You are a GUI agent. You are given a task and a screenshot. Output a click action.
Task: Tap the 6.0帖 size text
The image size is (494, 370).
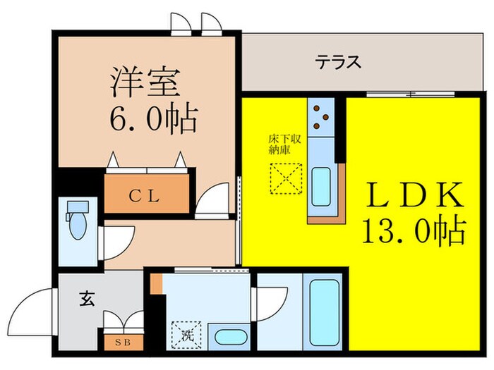point(152,120)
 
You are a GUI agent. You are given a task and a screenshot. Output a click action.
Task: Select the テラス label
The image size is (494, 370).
point(338,62)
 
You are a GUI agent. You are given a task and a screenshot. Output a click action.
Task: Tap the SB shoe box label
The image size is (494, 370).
point(123,343)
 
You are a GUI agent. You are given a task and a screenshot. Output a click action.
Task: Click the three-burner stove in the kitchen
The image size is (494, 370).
point(321,117)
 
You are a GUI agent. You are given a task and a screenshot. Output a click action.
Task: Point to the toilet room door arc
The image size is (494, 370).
point(112,243)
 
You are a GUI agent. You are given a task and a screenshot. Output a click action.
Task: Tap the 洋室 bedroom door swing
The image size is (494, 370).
point(212,198)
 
